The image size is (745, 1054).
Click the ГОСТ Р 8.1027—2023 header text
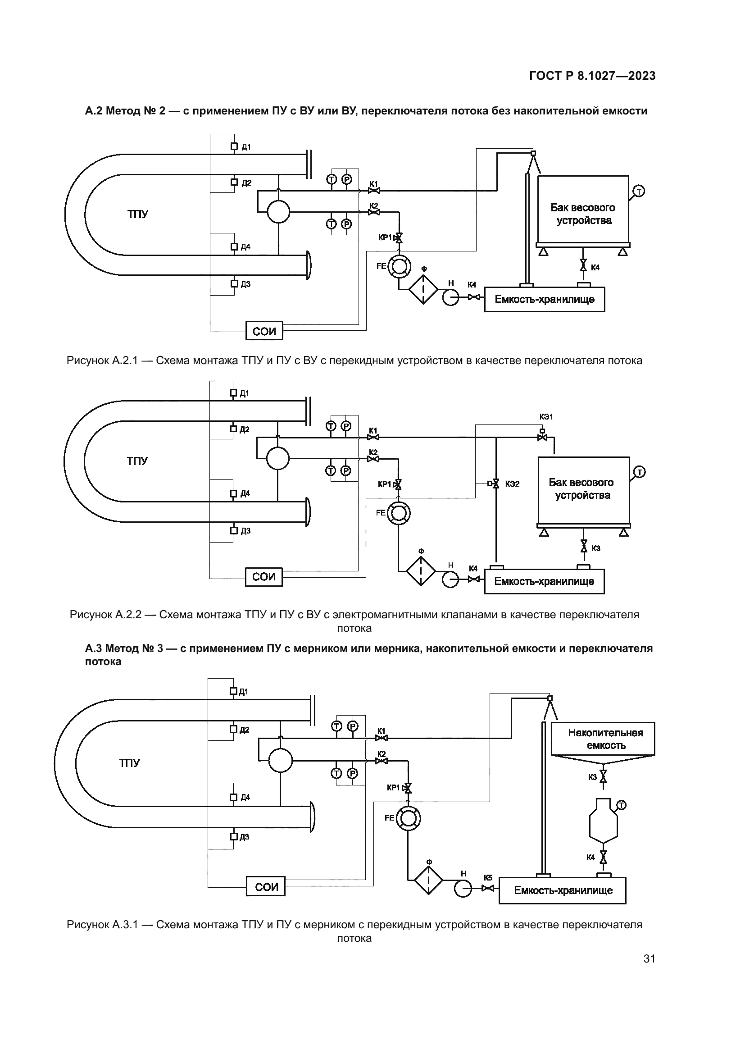click(x=592, y=76)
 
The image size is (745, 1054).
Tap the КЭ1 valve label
click(x=546, y=417)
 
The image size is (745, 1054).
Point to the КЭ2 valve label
click(x=513, y=484)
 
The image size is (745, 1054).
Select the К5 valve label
click(x=488, y=878)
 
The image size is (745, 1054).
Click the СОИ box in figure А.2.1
click(x=264, y=331)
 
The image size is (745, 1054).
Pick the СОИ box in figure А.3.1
click(x=266, y=887)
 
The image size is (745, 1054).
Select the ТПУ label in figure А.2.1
click(x=138, y=214)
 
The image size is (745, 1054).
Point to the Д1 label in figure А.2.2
click(x=245, y=393)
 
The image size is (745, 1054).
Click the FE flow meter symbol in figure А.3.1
click(x=408, y=817)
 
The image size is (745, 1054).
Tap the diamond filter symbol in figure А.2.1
click(x=423, y=289)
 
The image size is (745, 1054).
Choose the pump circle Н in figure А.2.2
click(x=450, y=579)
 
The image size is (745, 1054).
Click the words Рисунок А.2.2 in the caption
click(x=105, y=615)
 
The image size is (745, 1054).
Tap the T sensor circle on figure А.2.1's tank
click(x=639, y=191)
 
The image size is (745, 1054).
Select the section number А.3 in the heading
click(x=95, y=648)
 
